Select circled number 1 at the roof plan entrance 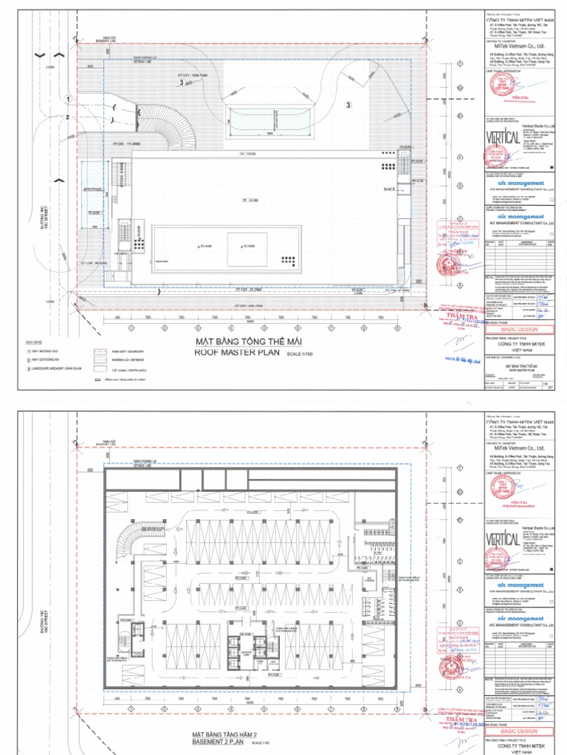tap(67, 98)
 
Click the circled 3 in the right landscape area tap(347, 105)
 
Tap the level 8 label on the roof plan tap(387, 189)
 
